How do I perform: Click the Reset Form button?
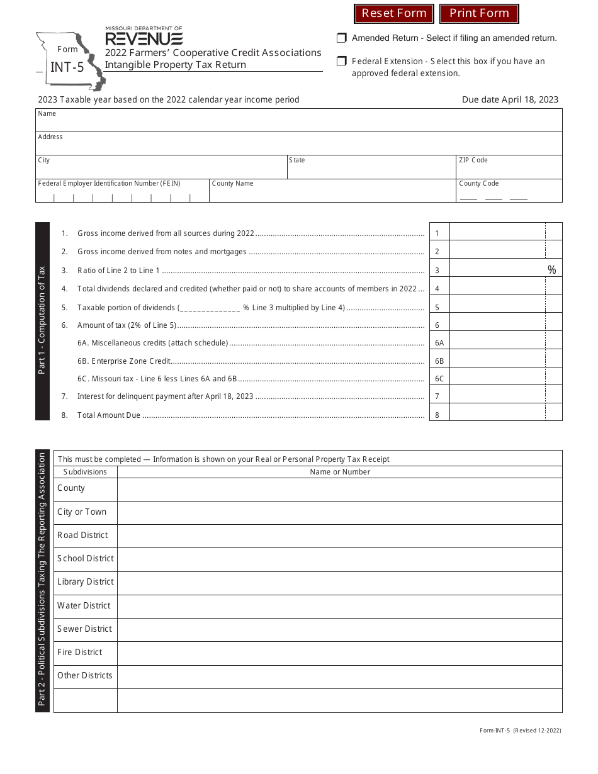(393, 13)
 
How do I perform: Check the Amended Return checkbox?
(341, 38)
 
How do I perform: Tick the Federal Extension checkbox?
(341, 62)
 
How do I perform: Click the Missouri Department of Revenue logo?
(144, 36)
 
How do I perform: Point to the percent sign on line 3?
(552, 270)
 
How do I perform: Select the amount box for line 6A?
(497, 343)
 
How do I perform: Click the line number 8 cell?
(438, 415)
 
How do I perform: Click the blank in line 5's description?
(210, 308)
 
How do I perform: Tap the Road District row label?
(82, 536)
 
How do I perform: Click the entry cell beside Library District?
(339, 583)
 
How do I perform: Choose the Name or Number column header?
(340, 472)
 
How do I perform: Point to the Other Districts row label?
(85, 676)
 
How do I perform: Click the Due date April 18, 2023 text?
(510, 99)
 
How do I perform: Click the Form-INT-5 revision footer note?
(520, 731)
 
